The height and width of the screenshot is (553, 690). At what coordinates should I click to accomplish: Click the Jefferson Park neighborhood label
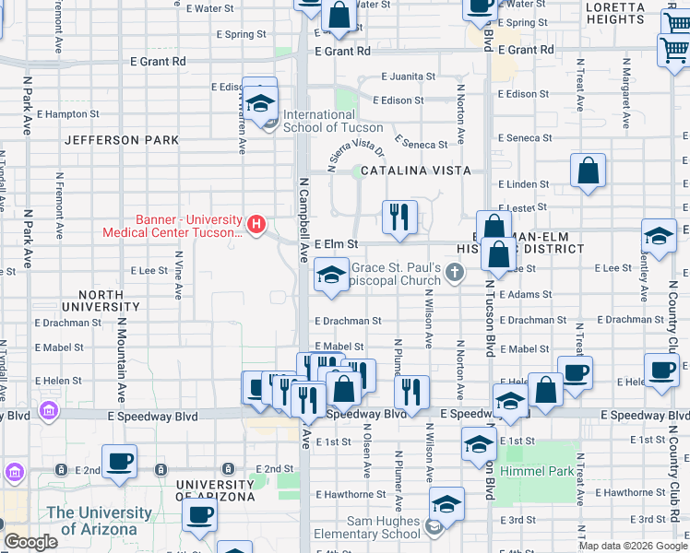(x=122, y=141)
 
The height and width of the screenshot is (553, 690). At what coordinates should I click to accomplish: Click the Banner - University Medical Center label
(x=189, y=226)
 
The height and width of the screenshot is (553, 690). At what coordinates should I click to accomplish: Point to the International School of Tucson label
(x=332, y=121)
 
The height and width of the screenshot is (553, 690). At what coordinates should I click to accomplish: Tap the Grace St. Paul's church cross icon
(x=454, y=271)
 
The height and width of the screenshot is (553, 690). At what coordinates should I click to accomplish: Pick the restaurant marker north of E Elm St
(x=399, y=218)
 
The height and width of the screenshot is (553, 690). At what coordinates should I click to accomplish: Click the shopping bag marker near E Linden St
(x=588, y=171)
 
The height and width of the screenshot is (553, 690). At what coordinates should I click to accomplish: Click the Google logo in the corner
(x=31, y=543)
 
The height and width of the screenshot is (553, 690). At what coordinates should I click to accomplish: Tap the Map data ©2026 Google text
(x=633, y=546)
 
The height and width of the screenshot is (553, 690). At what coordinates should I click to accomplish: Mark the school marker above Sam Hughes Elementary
(x=446, y=503)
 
